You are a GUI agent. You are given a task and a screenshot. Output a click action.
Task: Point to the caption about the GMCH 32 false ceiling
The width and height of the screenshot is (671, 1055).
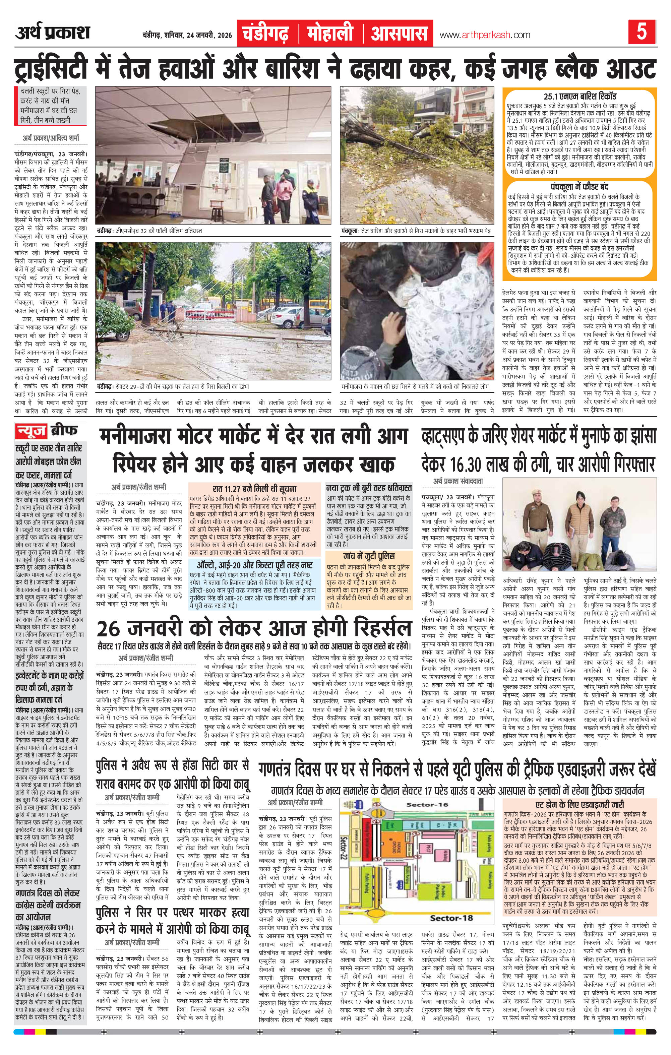click(149, 231)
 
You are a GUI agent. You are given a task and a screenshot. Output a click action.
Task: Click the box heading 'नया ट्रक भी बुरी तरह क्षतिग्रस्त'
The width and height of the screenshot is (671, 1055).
click(369, 488)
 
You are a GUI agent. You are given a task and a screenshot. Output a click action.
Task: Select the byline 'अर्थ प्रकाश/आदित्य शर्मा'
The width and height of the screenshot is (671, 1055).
click(51, 139)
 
